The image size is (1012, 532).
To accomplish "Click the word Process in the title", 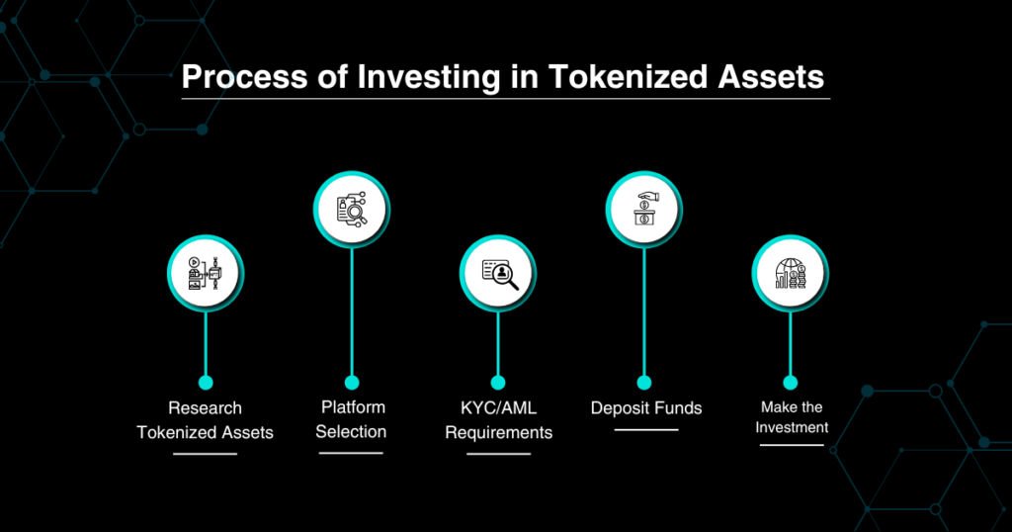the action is pos(245,77).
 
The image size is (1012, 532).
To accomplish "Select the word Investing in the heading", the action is pos(429,77).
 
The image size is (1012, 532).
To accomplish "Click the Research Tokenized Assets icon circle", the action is pos(206,274).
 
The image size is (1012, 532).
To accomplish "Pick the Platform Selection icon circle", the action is pos(352,210).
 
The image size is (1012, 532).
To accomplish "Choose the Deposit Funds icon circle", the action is pos(644,210).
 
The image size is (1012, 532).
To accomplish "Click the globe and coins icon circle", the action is pos(790,274).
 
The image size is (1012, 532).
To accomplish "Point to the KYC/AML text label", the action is pos(498,408).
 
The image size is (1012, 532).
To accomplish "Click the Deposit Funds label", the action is pos(646,408).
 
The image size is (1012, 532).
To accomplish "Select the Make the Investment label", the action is pos(792,417).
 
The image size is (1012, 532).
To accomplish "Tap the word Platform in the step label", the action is pos(353,407).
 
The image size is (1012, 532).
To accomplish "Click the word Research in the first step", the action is pos(206,408).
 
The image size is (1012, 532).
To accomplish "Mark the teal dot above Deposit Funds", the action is pos(644,383).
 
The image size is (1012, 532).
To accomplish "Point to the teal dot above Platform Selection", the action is pos(352,383).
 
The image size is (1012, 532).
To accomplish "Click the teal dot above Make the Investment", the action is pos(790,383).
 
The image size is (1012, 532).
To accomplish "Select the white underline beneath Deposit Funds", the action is pos(646,430).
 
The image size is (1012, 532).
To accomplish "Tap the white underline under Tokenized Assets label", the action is pos(206,454).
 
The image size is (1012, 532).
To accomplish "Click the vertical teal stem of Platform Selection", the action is pos(352,312).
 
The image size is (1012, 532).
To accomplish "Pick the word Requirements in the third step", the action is pos(499,432).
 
